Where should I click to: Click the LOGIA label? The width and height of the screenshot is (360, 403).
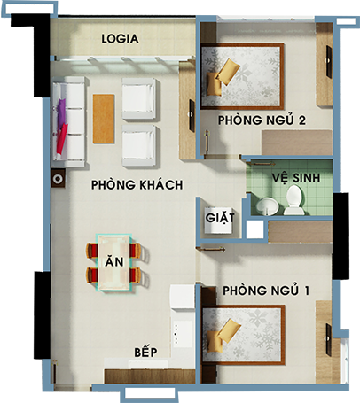(120, 39)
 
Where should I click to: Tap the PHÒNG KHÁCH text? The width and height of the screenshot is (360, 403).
(137, 185)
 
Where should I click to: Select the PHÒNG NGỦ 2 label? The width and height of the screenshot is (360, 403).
(262, 120)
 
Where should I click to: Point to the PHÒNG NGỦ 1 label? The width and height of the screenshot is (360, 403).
(266, 291)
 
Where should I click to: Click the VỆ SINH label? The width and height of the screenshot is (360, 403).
(296, 178)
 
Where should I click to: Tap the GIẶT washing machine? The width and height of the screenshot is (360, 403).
(219, 219)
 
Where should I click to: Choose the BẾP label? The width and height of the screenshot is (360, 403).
(145, 352)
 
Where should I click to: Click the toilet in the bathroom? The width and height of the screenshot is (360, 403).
(294, 200)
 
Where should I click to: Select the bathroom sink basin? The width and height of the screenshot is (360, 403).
(267, 205)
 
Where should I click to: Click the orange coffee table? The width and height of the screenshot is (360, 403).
(104, 119)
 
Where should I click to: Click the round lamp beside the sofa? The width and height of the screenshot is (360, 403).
(58, 179)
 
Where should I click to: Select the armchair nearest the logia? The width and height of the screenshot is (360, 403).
(139, 98)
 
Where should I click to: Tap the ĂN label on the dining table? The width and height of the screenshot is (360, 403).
(114, 262)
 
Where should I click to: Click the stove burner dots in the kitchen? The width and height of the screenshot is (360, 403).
(176, 334)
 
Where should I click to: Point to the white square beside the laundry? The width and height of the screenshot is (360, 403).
(254, 229)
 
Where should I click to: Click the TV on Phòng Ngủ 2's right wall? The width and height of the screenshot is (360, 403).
(329, 62)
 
